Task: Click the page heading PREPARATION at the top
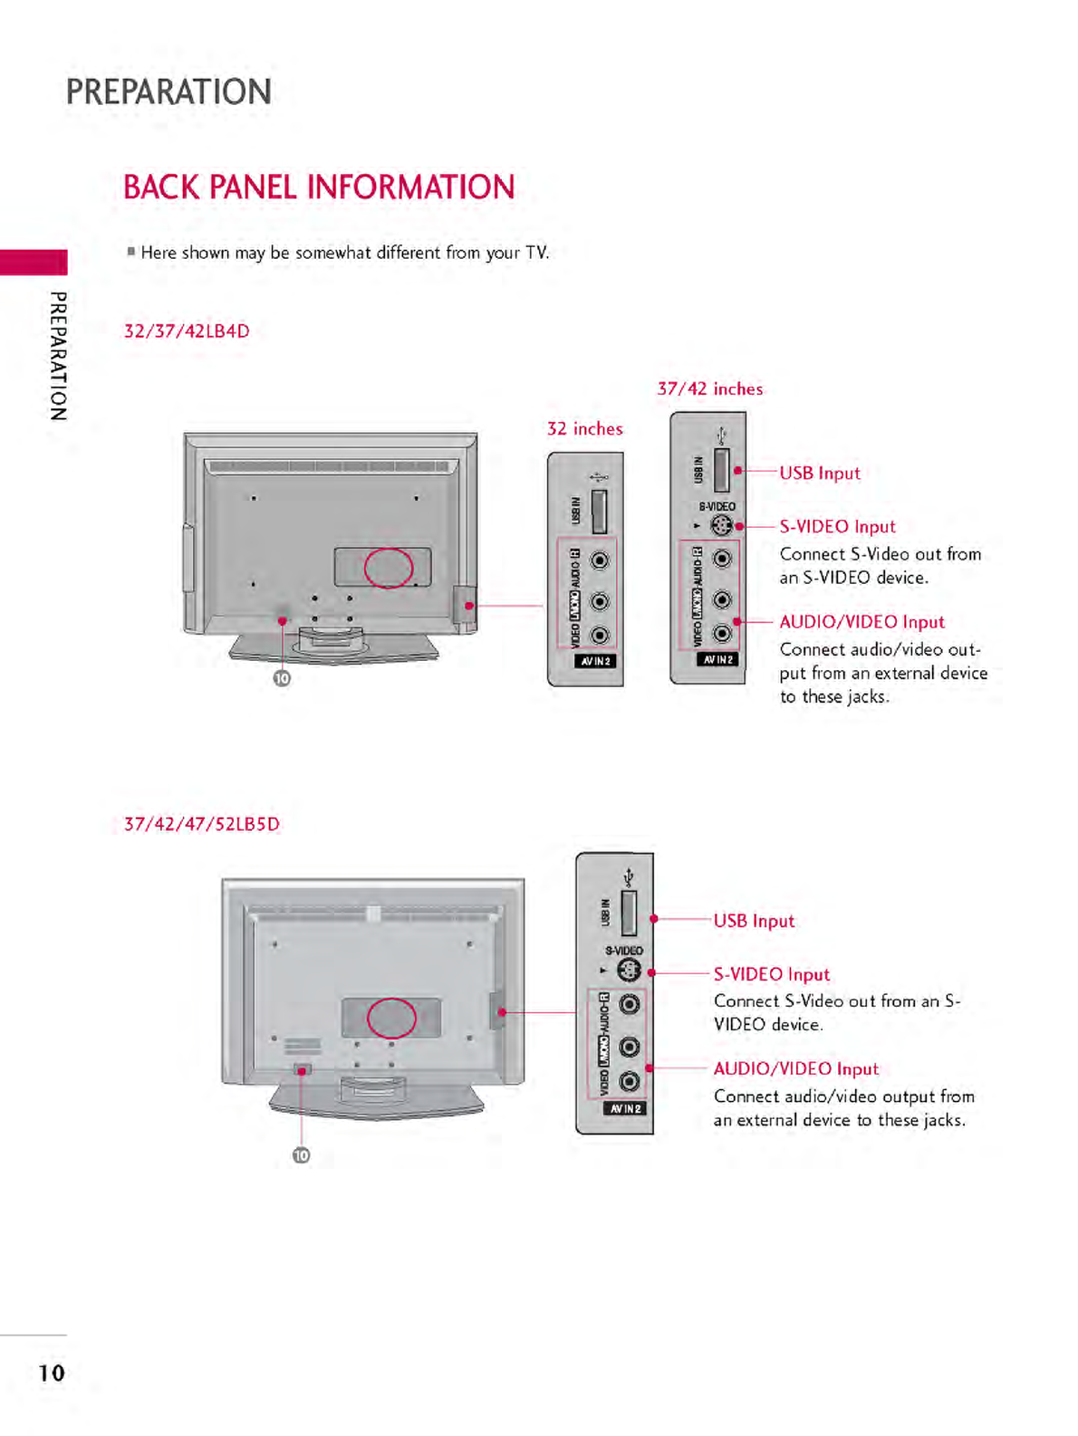click(x=168, y=92)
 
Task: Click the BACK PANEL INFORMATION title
click(x=319, y=187)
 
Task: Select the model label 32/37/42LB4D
click(x=187, y=331)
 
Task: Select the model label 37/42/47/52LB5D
click(x=202, y=824)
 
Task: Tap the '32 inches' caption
click(x=584, y=429)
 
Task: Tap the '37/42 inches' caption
click(x=709, y=389)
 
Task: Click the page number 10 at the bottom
click(x=52, y=1373)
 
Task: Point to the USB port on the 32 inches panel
click(x=599, y=512)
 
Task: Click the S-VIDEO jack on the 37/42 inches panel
click(x=721, y=526)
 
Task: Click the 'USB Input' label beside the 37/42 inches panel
click(x=820, y=473)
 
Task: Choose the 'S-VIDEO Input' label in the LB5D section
click(x=771, y=974)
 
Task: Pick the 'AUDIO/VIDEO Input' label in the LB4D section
click(x=861, y=622)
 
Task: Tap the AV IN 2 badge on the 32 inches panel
click(x=596, y=661)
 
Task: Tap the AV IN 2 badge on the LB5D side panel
click(x=625, y=1108)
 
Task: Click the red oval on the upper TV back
click(x=389, y=568)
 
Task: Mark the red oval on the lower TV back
click(x=391, y=1018)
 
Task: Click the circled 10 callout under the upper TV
click(x=283, y=678)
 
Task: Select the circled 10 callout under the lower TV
click(x=301, y=1155)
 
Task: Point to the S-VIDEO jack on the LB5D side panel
click(x=629, y=971)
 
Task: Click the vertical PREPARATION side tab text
click(x=58, y=356)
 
